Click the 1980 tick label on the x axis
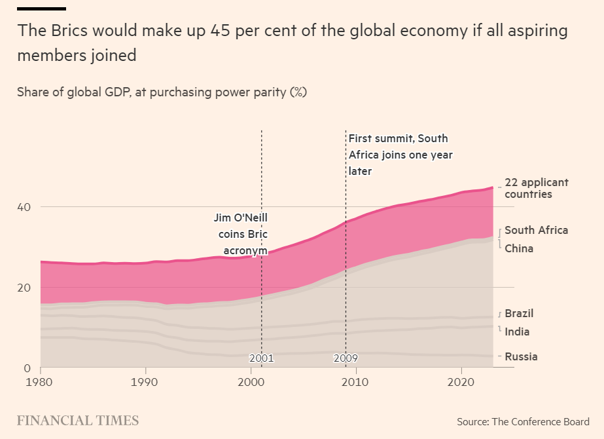[41, 381]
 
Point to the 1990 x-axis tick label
[145, 381]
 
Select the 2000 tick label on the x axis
[251, 381]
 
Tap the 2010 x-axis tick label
[356, 381]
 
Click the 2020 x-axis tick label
[461, 381]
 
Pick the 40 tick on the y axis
[24, 206]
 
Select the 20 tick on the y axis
[24, 287]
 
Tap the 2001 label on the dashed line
[261, 358]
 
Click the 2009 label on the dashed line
[346, 358]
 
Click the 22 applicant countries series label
[537, 188]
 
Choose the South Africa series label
[536, 230]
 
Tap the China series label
[519, 248]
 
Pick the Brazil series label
[519, 313]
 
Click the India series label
[517, 332]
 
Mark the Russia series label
[521, 356]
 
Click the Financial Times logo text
[77, 421]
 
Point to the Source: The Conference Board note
[523, 421]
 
